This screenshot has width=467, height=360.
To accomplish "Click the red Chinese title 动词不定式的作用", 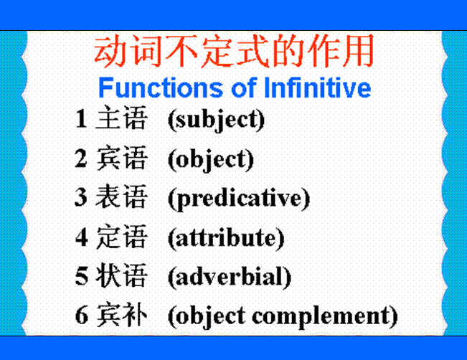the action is point(234,51).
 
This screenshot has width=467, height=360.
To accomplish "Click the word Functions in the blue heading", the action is point(161,87).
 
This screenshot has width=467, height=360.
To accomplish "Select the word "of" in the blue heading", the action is point(244,87).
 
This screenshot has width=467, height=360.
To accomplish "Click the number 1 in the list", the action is point(81,118).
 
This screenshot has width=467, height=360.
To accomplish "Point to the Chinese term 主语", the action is point(121,118).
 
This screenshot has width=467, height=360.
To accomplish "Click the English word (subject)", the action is point(216,120).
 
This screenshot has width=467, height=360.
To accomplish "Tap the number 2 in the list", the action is point(81,158).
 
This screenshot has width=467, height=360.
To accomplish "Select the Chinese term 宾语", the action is point(121,158).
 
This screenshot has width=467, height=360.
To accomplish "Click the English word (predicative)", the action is point(239,199).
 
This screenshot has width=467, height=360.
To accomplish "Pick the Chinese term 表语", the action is point(121,196).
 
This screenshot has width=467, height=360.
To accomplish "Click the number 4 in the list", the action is point(82,237).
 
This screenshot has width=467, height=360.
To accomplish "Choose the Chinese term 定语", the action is point(121,237).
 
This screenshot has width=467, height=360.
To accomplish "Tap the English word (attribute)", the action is point(226,238).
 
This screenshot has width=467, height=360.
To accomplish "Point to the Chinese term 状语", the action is point(121,275).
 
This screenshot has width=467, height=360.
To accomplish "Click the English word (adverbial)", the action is point(230,277).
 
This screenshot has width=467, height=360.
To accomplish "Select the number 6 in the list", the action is point(82,316).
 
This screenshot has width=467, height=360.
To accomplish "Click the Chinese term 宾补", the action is point(121,315).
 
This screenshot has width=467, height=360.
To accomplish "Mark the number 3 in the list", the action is point(81,197).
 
